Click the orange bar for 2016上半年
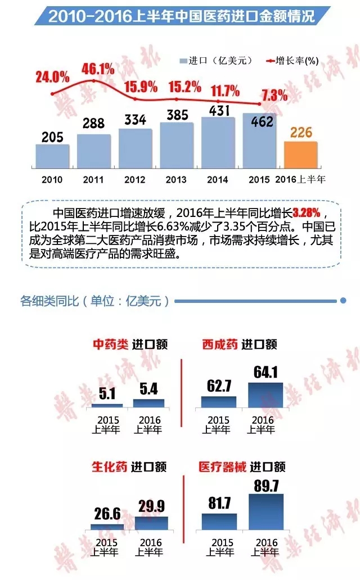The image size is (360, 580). (x=301, y=153)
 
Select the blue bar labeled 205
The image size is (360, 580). (x=52, y=155)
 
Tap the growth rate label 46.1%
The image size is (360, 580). (x=98, y=69)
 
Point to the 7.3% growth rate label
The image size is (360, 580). (x=274, y=94)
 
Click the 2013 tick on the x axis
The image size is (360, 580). (x=176, y=179)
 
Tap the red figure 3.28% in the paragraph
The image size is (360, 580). (x=307, y=213)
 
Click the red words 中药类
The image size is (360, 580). (x=111, y=344)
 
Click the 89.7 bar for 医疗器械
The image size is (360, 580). (x=266, y=513)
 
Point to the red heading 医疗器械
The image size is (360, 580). (x=223, y=467)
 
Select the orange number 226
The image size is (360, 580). (x=301, y=133)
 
